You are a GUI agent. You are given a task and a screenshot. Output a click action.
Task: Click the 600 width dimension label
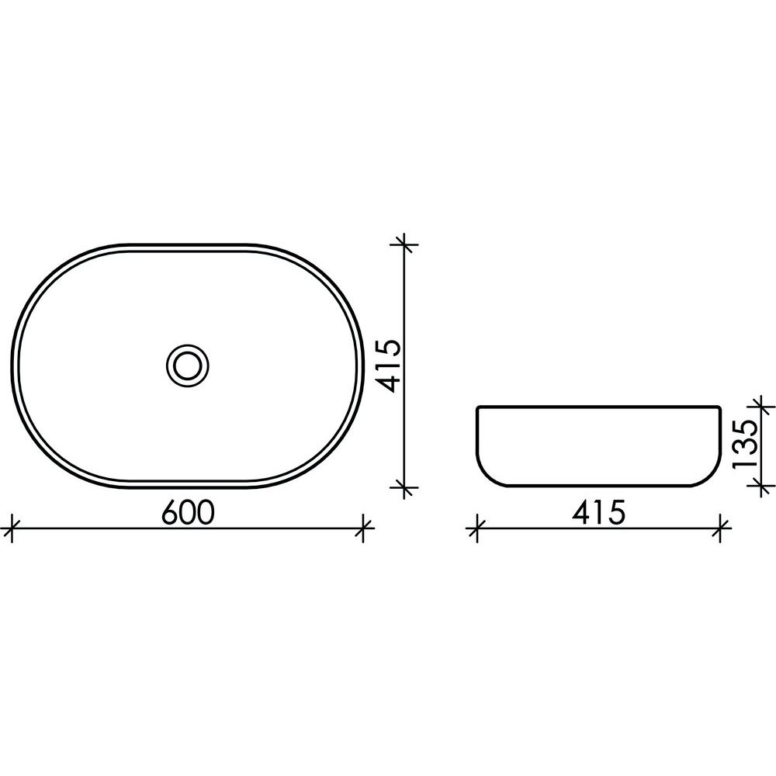[188, 512]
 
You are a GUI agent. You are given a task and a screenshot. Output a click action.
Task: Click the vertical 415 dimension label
[386, 365]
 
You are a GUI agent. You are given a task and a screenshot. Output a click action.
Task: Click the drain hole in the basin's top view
[188, 365]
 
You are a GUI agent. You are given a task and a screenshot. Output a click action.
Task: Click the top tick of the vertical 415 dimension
[405, 244]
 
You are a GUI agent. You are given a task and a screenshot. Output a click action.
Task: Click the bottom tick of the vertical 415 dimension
[405, 487]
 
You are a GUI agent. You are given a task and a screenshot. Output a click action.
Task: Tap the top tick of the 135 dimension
[761, 407]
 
